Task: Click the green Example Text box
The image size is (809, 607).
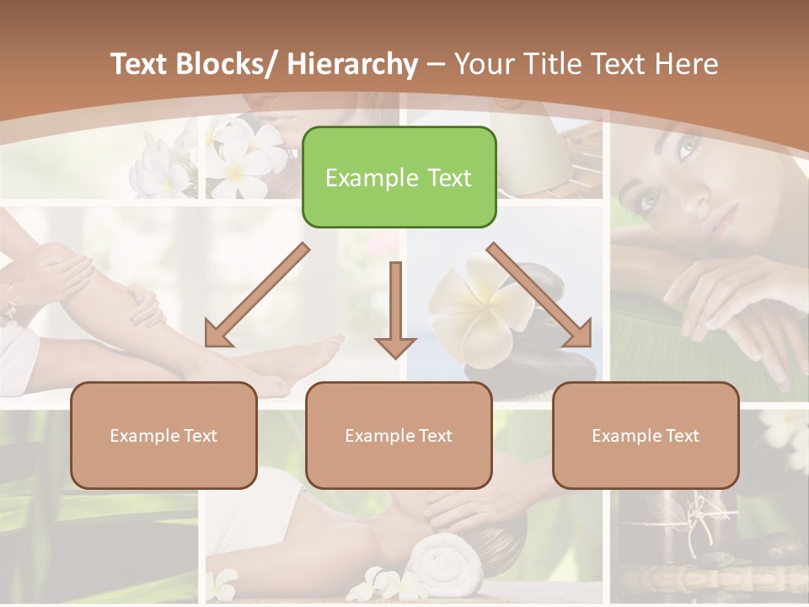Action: pos(399,177)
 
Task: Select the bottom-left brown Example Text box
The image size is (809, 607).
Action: pos(163,435)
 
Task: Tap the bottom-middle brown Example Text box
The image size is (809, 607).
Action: pos(399,435)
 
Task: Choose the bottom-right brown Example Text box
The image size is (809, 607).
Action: pos(646,435)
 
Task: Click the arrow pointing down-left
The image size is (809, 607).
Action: pos(256,295)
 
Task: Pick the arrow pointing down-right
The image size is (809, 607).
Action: pos(539,295)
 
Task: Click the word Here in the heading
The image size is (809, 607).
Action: pos(687,64)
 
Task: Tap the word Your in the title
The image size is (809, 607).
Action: pos(483,64)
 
